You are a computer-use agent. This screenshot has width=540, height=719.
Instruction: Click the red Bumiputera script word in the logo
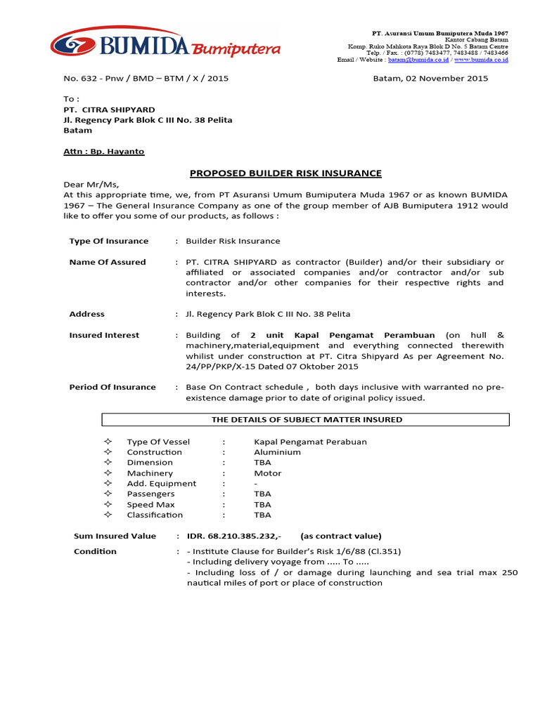(x=236, y=49)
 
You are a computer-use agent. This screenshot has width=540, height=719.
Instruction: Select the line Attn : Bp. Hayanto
(x=104, y=151)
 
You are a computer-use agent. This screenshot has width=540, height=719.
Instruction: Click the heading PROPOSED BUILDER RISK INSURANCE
(x=286, y=173)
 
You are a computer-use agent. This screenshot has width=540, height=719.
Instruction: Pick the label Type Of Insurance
(x=109, y=241)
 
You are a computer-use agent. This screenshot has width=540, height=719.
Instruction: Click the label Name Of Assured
(x=108, y=262)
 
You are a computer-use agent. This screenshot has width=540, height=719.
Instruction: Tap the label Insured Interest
(x=104, y=335)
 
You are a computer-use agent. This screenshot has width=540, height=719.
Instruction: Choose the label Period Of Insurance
(x=112, y=387)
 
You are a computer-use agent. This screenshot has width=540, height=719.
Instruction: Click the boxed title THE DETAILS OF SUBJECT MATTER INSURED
(x=307, y=420)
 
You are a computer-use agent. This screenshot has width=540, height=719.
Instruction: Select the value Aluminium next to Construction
(x=277, y=452)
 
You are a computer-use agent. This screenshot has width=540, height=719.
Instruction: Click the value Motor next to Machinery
(x=267, y=473)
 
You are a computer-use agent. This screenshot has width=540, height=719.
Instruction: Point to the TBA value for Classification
(x=262, y=515)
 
